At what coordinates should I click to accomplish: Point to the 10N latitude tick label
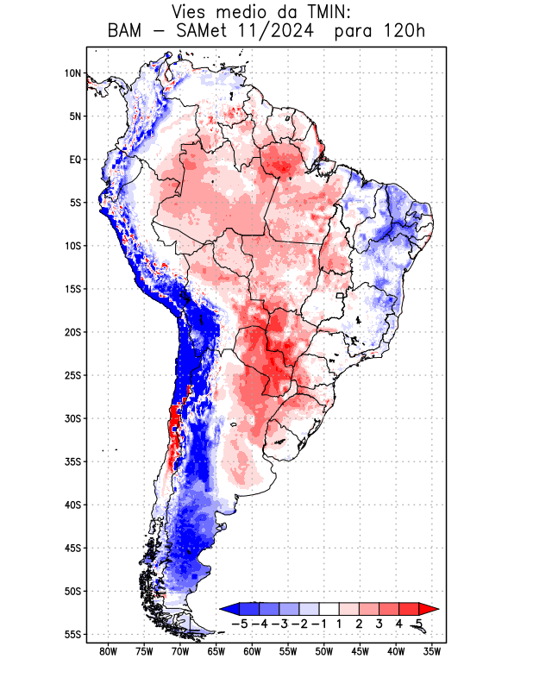[x=72, y=73]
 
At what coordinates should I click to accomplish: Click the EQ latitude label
[x=75, y=160]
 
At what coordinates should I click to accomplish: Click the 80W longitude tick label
[x=109, y=652]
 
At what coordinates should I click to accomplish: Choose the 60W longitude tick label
[x=253, y=652]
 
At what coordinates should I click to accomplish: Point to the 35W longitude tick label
[x=433, y=652]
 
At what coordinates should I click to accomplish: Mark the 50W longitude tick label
[x=324, y=652]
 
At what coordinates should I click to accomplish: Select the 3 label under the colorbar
[x=379, y=624]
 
